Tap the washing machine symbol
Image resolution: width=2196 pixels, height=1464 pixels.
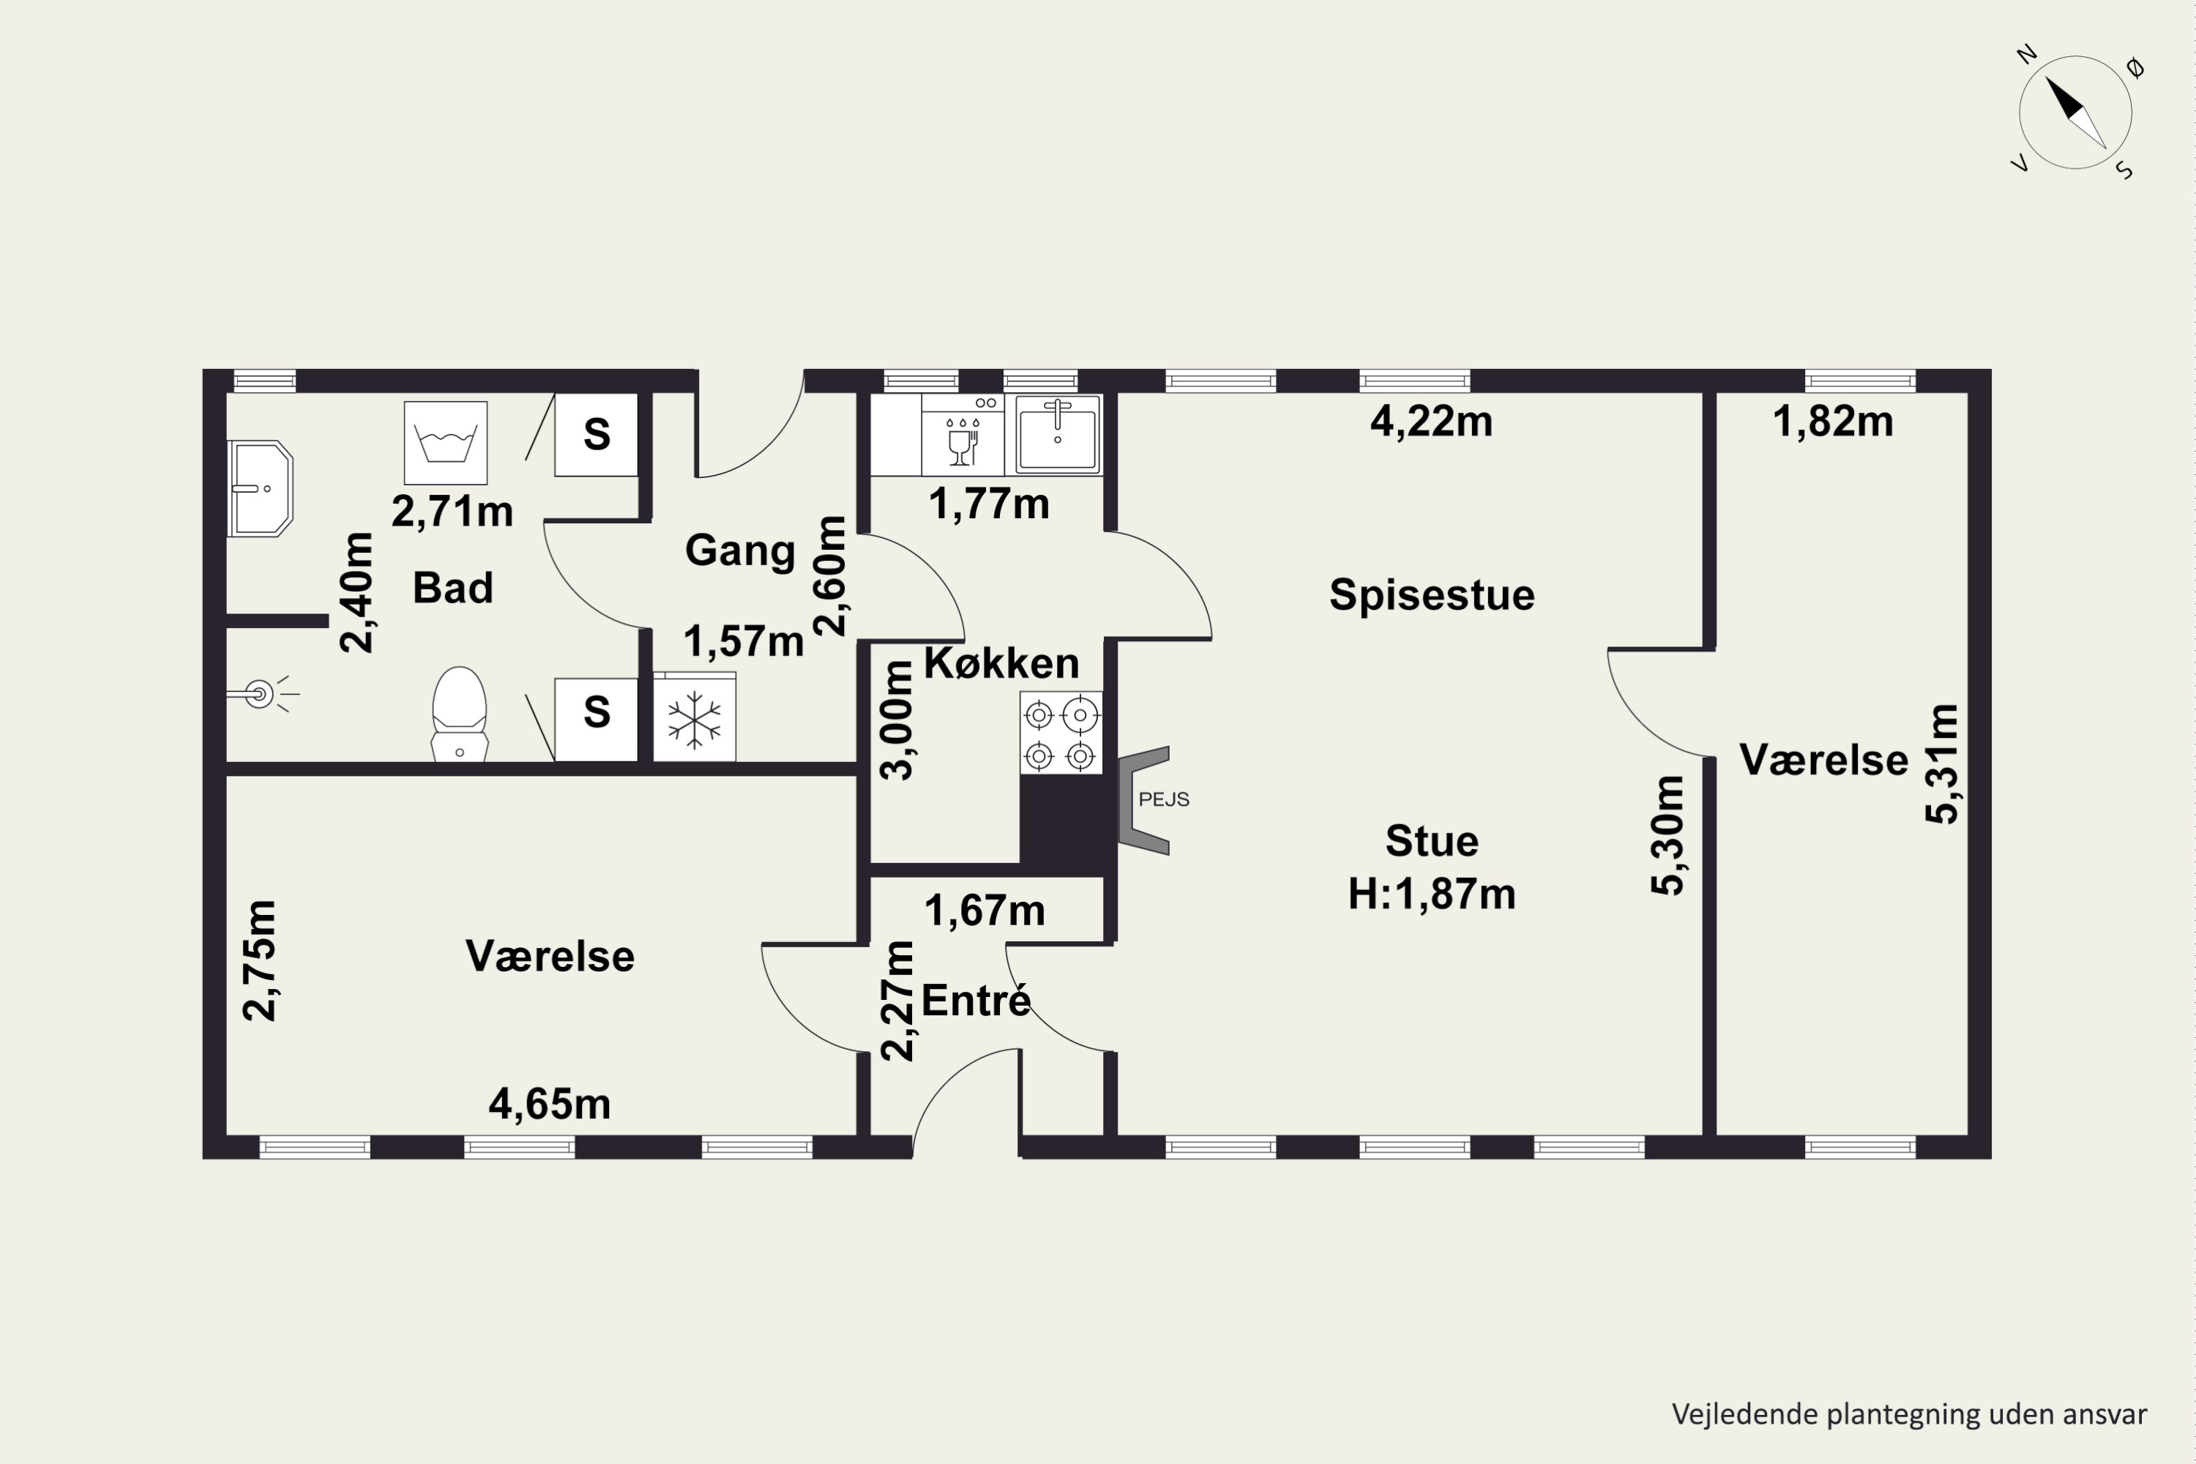tap(445, 443)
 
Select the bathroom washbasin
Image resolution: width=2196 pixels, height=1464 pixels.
tap(261, 488)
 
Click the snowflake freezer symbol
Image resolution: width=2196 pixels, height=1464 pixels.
tap(695, 719)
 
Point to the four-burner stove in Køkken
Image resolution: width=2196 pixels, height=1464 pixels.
tap(1061, 733)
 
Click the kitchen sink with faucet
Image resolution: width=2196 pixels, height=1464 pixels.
tap(1057, 434)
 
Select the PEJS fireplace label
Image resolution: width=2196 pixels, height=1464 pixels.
tap(1163, 799)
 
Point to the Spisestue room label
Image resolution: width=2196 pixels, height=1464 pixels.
tap(1431, 594)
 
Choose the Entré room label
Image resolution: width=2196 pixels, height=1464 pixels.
tap(976, 1000)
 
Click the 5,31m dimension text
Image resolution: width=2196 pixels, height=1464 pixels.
tap(1942, 763)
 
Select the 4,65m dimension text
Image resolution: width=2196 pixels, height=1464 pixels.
tap(550, 1105)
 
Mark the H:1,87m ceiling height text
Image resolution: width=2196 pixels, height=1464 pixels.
tap(1431, 895)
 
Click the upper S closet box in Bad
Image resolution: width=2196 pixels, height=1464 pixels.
tap(596, 434)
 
